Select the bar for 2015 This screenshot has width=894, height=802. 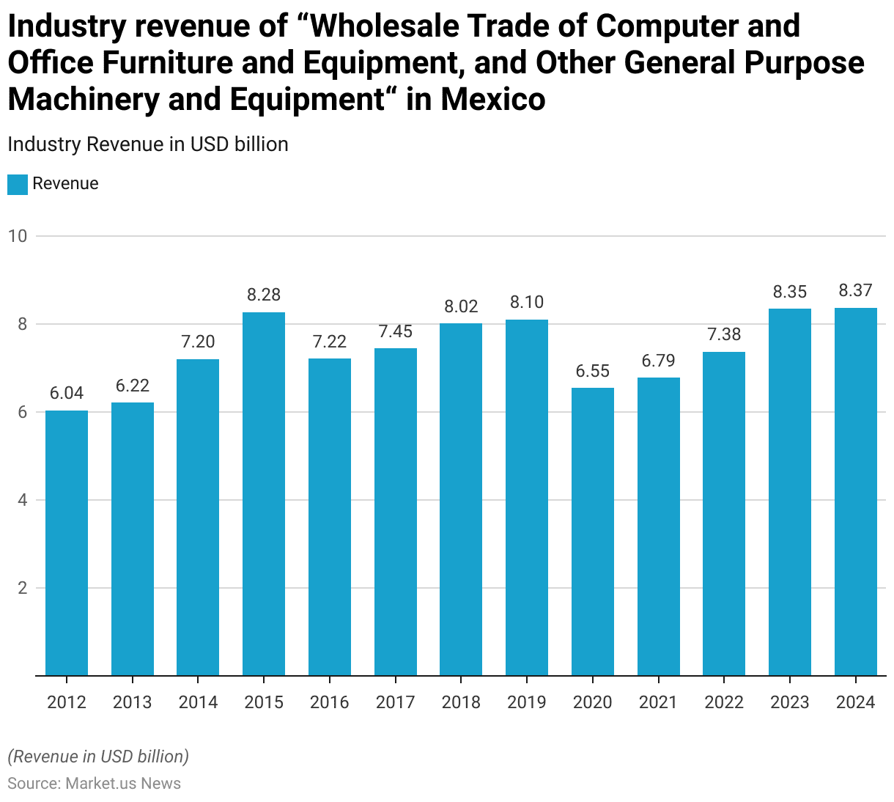click(x=264, y=493)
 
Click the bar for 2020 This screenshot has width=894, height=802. click(x=593, y=531)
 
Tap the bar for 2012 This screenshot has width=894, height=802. click(x=67, y=542)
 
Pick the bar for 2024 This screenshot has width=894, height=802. click(x=856, y=491)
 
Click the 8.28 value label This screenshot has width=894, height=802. click(x=264, y=295)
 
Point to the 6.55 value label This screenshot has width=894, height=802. click(x=593, y=371)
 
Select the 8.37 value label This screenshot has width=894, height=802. click(x=856, y=290)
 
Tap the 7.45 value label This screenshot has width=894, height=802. click(x=396, y=331)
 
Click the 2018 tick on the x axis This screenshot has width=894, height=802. click(x=461, y=702)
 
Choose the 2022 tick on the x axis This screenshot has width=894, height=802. click(x=724, y=702)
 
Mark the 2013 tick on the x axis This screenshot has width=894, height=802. click(x=133, y=702)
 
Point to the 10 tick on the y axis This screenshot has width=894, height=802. click(x=18, y=236)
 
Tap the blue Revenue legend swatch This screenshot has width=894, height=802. click(x=18, y=184)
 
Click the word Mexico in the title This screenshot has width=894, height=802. click(x=492, y=99)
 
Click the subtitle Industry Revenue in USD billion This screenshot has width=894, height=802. click(x=148, y=144)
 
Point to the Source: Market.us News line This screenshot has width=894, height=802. click(x=95, y=783)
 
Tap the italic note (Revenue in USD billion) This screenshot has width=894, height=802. click(x=98, y=756)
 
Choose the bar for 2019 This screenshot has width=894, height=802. click(x=527, y=497)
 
